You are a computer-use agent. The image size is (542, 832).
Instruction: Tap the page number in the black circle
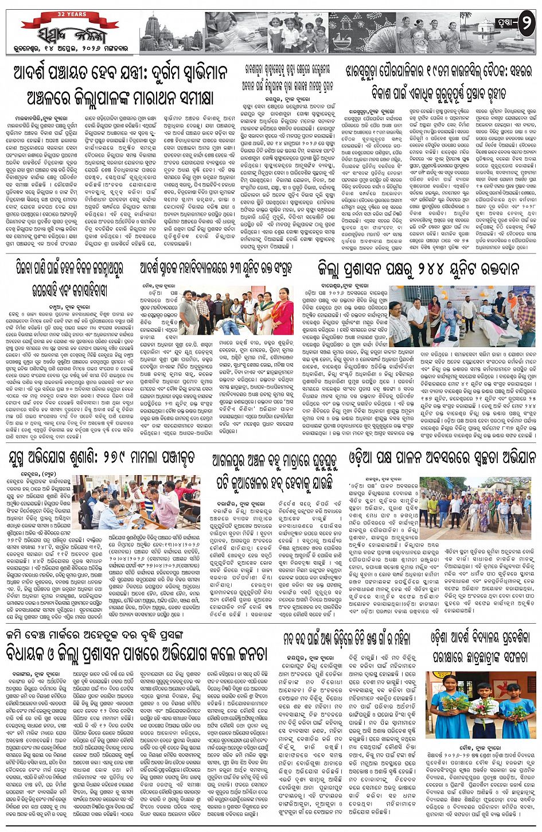(x=526, y=25)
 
